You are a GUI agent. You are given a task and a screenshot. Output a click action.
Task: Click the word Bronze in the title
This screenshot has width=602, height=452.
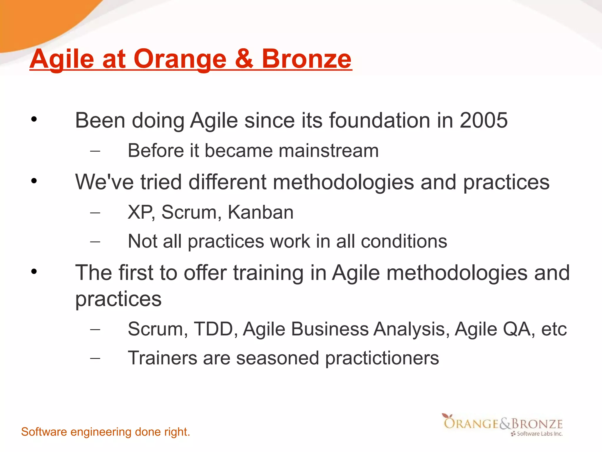pos(306,59)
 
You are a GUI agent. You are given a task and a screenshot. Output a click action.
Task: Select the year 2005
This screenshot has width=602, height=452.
pos(484,120)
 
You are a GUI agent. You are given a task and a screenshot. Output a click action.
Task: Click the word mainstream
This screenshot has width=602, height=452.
pos(328,151)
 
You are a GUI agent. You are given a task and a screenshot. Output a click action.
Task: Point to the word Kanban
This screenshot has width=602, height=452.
pos(260,212)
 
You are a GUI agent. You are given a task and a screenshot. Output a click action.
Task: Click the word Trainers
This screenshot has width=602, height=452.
pos(162,358)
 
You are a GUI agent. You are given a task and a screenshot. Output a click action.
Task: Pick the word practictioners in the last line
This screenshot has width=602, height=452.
pos(382,358)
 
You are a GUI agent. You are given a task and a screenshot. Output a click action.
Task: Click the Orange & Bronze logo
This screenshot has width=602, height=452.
pos(503,425)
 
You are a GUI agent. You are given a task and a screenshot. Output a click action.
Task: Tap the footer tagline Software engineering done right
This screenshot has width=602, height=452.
pos(106,432)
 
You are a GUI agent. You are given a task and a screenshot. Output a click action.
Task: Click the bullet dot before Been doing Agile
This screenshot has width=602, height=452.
pos(34,119)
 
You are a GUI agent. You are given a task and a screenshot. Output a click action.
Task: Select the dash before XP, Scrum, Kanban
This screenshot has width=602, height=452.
pos(95,212)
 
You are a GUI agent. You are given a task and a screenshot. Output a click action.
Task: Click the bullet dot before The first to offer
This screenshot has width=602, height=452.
pos(34,271)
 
